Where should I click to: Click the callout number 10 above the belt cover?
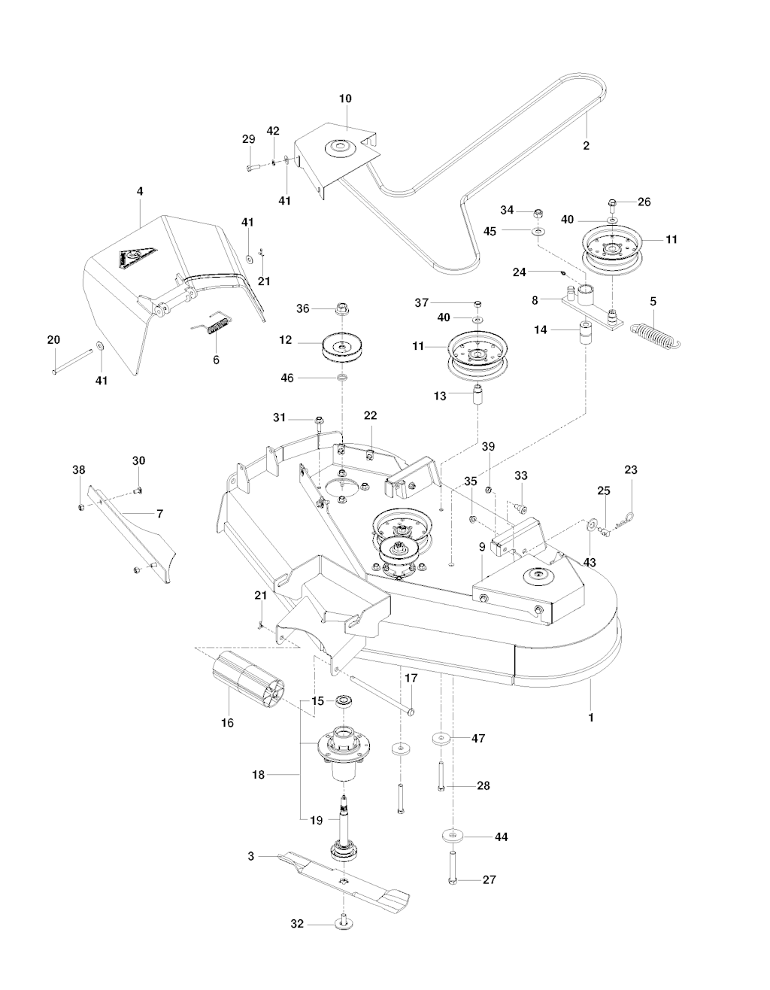345,99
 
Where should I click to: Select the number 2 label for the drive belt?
587,145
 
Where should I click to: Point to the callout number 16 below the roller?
227,723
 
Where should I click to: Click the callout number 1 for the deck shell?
591,718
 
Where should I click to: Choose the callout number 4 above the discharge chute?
140,192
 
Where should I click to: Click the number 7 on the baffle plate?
159,514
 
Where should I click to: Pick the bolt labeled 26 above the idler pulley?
612,203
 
